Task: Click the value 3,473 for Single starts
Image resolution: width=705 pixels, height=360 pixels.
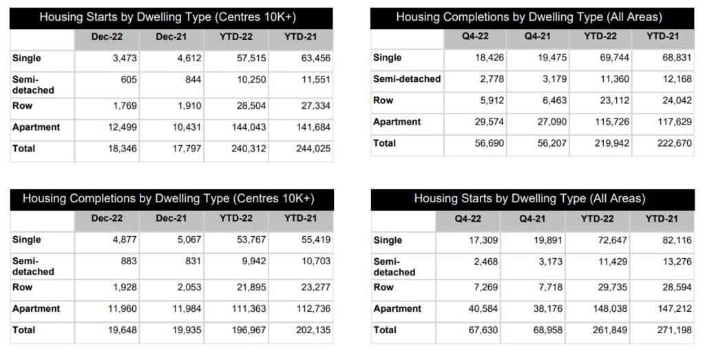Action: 125,59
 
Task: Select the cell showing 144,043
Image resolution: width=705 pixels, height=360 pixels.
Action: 249,127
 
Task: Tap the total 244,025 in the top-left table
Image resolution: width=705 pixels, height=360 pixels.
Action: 313,148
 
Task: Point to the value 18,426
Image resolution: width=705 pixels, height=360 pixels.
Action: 490,58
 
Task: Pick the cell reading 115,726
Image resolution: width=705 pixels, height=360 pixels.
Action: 611,122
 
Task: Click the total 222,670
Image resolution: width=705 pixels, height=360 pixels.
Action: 675,143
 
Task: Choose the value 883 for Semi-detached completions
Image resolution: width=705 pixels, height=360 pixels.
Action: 128,261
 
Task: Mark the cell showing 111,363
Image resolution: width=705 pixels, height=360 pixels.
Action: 249,309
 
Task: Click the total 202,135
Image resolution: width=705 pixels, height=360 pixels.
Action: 313,330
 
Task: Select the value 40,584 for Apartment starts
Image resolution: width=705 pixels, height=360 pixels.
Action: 483,309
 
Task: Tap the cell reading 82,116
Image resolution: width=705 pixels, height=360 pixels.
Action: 677,240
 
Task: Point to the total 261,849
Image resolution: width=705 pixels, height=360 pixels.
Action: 610,330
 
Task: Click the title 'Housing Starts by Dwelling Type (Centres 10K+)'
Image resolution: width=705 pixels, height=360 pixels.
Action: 168,17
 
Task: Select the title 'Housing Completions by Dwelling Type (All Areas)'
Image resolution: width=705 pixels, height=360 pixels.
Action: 529,17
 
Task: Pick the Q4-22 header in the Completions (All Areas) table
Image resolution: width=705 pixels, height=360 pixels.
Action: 475,36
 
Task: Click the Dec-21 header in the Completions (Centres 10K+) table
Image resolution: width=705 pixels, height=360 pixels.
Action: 171,218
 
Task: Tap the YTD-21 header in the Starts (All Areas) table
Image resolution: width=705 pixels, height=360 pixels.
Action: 662,219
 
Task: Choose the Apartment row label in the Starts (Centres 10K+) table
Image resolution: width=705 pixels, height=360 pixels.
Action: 36,127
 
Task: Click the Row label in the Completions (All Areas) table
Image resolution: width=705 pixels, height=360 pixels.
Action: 383,100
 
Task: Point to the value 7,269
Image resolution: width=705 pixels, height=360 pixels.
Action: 485,287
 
